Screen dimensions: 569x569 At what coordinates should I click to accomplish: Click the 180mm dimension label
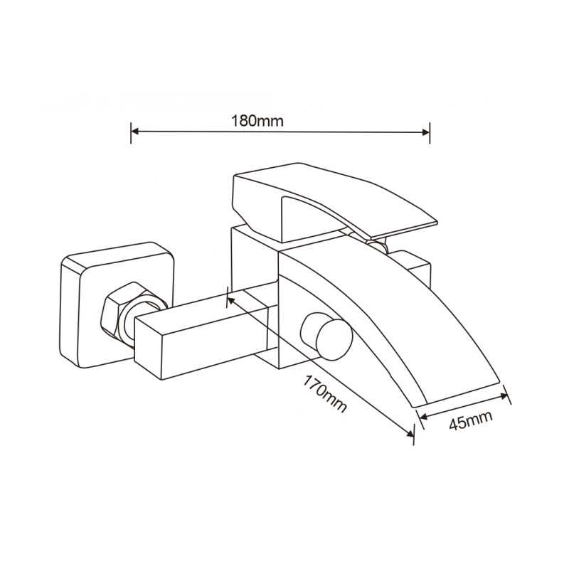(257, 120)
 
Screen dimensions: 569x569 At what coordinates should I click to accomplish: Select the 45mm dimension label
(471, 420)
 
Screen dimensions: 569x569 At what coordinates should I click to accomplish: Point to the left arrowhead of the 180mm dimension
(135, 132)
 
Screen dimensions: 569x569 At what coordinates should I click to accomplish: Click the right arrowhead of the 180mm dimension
(425, 132)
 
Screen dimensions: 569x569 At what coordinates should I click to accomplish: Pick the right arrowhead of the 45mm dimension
(504, 397)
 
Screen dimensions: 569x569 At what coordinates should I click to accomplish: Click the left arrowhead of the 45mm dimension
(423, 416)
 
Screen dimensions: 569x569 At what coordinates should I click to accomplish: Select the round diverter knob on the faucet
(327, 337)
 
